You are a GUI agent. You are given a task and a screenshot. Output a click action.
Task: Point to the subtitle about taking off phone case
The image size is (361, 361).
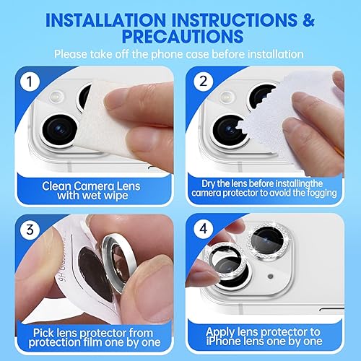coord(180,55)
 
